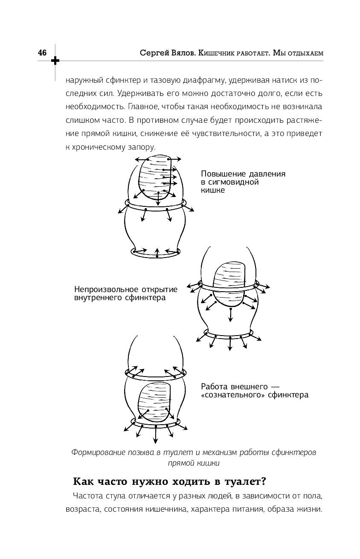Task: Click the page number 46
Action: (42, 53)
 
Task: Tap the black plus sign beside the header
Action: (55, 61)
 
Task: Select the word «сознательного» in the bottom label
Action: (231, 395)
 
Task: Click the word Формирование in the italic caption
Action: (96, 452)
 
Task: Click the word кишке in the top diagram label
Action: (212, 191)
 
